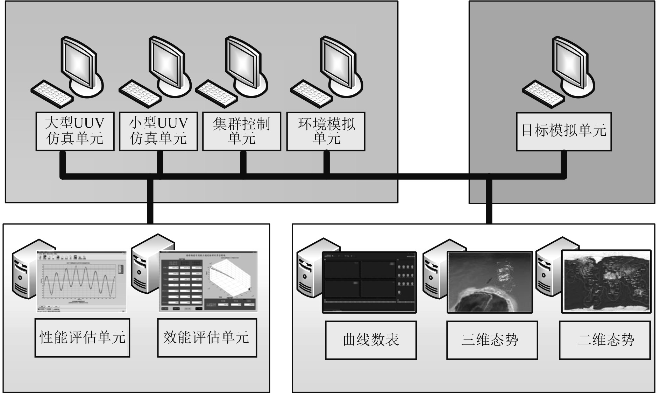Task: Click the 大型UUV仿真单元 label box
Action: tap(75, 131)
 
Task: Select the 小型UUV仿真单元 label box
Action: tap(158, 131)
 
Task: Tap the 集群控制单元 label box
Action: tap(241, 131)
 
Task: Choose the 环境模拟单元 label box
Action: tap(326, 131)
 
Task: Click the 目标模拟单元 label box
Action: tap(564, 131)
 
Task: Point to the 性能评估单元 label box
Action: tap(82, 337)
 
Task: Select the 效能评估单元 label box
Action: tap(207, 337)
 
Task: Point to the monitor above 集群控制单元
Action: tap(243, 63)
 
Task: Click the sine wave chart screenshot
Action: tap(81, 281)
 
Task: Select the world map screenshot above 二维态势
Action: tap(606, 281)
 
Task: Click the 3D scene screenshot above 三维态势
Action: tap(490, 282)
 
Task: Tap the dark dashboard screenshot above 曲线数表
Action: tap(369, 282)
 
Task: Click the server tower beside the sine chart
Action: tap(24, 269)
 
